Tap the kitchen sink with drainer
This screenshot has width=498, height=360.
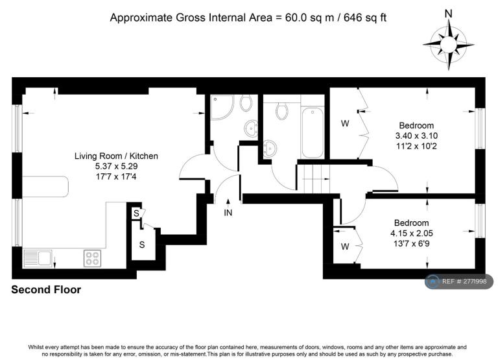coord(38,258)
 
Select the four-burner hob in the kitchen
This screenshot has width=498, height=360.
coord(93,258)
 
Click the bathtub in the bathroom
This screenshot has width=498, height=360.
coord(313,132)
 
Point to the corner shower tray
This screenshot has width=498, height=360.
coord(222,108)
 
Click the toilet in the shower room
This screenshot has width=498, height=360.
coord(246,102)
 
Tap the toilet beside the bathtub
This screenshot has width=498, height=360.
coord(281,110)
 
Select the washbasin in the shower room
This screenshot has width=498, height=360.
coord(251,128)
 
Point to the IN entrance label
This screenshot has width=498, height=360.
coord(228,213)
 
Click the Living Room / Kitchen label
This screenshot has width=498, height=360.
coord(116,156)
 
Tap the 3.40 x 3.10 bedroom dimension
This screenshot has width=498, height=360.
coord(416,136)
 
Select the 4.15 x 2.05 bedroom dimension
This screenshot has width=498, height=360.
coord(412,234)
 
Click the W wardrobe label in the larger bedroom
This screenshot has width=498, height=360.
coord(345,123)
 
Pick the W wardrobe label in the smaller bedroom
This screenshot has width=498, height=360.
coord(345,246)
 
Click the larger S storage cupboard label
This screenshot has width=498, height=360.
coord(142,245)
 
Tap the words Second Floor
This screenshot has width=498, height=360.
coord(46,289)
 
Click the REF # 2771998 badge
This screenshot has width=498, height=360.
coord(459,282)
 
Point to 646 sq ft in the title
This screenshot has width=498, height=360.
coord(365,17)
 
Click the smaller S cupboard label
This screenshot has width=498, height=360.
coord(136,213)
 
